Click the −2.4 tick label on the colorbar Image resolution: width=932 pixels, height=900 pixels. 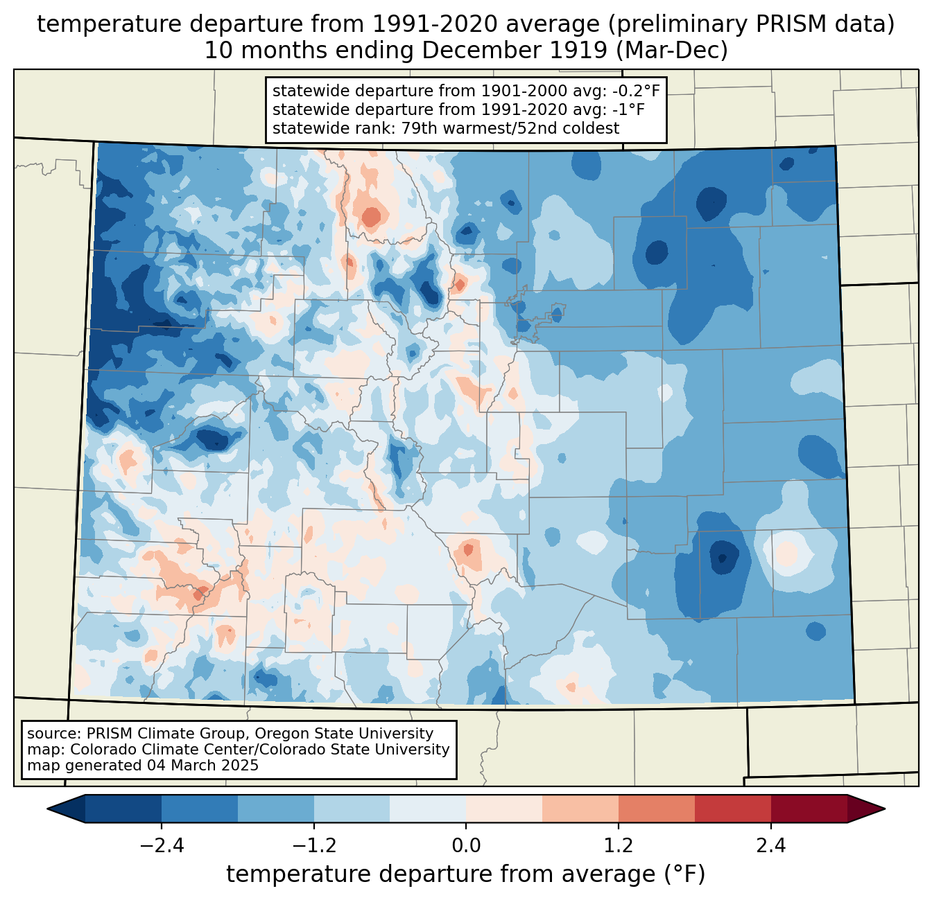click(x=162, y=845)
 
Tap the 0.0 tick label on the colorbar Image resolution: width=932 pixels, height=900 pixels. click(x=465, y=845)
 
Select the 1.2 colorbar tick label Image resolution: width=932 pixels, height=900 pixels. click(x=619, y=845)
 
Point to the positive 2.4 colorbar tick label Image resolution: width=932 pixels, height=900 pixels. click(x=771, y=845)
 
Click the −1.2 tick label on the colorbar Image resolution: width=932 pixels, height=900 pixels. click(x=314, y=845)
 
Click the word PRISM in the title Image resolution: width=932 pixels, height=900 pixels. click(x=786, y=24)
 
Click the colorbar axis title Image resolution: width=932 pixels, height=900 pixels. click(x=465, y=873)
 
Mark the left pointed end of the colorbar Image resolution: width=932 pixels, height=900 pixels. click(x=48, y=809)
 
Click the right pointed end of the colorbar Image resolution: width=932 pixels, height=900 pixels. click(x=884, y=809)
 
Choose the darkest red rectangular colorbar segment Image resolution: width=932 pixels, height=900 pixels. click(x=809, y=809)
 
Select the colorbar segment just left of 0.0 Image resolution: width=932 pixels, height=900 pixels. click(x=428, y=809)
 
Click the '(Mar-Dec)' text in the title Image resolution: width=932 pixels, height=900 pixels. click(x=671, y=51)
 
